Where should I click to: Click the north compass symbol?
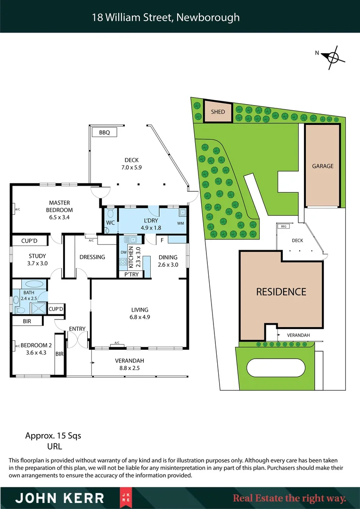point(334,57)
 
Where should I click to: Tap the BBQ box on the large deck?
point(104,132)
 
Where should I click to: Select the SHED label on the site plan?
point(218,112)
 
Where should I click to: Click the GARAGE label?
point(322,166)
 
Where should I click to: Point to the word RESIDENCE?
point(281,292)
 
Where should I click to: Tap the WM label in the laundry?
point(180,223)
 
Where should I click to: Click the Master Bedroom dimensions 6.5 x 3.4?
point(59,217)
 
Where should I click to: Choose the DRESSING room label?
point(92,257)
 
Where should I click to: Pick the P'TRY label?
point(131,274)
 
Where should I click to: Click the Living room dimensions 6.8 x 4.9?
point(140,317)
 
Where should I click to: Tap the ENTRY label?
point(77,328)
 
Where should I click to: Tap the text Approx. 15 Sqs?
point(53,435)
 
